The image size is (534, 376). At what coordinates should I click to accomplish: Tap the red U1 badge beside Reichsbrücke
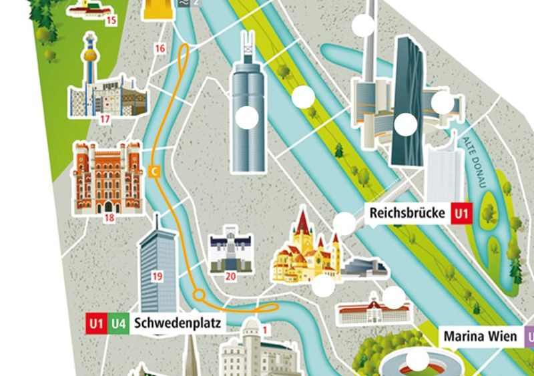click(461, 214)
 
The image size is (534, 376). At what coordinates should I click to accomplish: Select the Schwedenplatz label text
click(177, 323)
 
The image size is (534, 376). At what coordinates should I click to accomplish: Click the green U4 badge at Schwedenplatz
click(119, 323)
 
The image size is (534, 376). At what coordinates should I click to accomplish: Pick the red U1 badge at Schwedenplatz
click(96, 323)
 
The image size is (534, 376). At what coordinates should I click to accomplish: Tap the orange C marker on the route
click(155, 171)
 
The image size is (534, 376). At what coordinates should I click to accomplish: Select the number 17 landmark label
click(104, 120)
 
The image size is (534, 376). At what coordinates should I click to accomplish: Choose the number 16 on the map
click(159, 48)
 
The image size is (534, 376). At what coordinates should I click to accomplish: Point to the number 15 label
click(111, 20)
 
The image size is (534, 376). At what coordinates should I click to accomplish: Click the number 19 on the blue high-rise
click(158, 275)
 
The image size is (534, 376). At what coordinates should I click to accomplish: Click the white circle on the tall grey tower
click(248, 118)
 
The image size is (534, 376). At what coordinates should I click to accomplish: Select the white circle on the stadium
click(419, 361)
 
